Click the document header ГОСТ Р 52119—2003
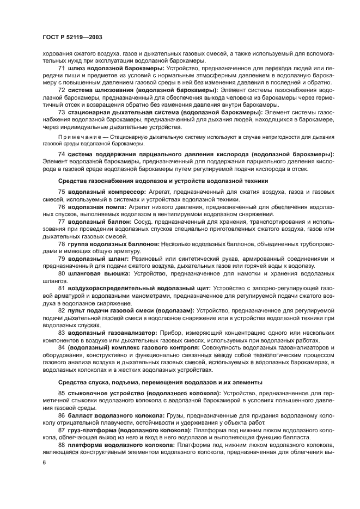click(72, 37)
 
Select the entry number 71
click(61, 69)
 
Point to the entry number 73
click(61, 112)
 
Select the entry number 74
click(61, 155)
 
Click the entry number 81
click(61, 288)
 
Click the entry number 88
click(61, 445)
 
